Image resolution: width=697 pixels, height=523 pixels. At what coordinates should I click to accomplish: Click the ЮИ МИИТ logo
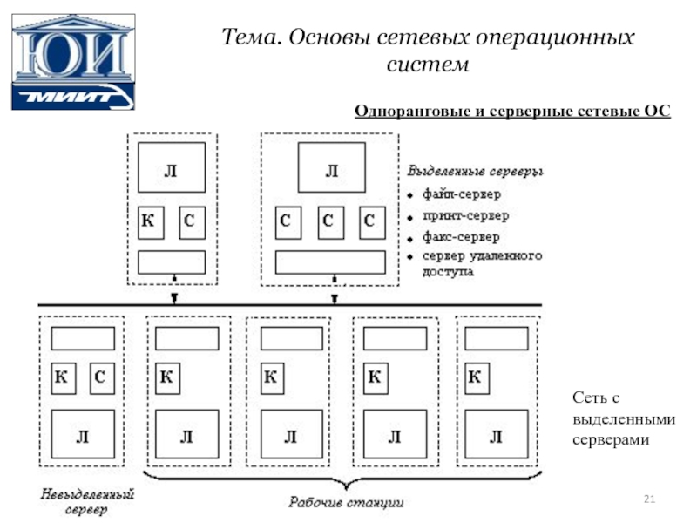(x=73, y=62)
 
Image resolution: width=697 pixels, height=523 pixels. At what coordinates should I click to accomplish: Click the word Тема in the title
(x=251, y=37)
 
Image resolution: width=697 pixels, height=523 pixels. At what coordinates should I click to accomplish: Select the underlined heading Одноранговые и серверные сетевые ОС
(x=512, y=111)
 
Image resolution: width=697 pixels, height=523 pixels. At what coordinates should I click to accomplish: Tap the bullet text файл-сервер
(x=462, y=194)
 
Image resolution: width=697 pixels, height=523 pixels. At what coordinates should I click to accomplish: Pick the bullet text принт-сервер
(x=465, y=215)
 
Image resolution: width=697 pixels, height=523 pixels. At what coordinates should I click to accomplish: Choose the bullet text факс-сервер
(x=461, y=237)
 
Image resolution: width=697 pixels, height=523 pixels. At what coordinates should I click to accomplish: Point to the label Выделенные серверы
(x=475, y=171)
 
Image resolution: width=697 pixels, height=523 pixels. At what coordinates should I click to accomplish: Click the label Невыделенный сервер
(x=86, y=501)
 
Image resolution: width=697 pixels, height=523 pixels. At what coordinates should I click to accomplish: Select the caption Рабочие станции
(x=346, y=503)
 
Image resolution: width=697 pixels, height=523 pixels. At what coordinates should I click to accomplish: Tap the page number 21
(x=649, y=499)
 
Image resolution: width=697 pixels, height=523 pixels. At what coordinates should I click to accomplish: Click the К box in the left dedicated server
(x=151, y=222)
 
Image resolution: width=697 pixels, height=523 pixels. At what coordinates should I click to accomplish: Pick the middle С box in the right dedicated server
(x=331, y=222)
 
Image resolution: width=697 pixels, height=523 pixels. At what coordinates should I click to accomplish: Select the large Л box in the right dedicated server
(x=332, y=167)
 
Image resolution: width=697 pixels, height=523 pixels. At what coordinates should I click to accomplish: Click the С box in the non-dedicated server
(x=102, y=378)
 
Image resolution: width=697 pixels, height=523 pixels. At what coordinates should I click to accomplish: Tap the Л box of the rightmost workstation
(x=497, y=434)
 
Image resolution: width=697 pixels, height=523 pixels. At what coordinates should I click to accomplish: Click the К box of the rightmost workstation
(x=477, y=378)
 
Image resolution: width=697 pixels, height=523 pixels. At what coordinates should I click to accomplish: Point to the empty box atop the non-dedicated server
(x=83, y=339)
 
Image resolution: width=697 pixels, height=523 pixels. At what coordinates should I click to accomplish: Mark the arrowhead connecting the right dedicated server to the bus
(x=335, y=299)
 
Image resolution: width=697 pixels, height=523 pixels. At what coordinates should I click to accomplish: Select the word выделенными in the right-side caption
(x=624, y=419)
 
